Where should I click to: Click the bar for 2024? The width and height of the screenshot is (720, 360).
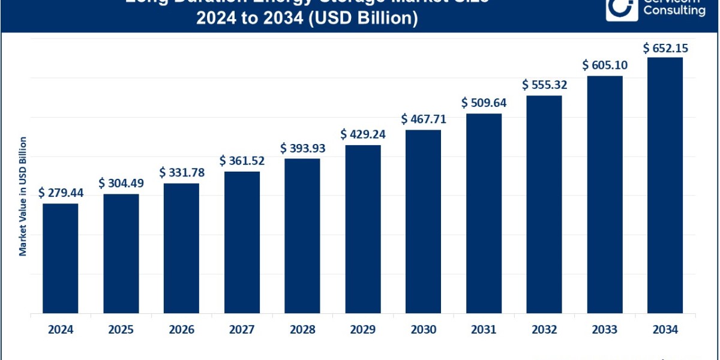(61, 258)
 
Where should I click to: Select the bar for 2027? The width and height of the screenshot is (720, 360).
(242, 242)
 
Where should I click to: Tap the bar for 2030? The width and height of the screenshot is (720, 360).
(423, 221)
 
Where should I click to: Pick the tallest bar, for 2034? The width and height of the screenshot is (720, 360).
(665, 185)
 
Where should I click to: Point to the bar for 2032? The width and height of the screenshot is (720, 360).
(544, 204)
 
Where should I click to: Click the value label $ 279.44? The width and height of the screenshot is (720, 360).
(61, 193)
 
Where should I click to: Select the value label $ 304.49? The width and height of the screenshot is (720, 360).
(121, 183)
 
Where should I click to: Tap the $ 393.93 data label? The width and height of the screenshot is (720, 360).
(302, 148)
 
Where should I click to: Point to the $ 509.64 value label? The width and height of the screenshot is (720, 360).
(484, 103)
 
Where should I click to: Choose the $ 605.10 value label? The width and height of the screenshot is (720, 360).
(605, 65)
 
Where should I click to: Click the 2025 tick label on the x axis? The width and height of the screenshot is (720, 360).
(121, 329)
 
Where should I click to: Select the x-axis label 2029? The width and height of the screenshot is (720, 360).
(362, 329)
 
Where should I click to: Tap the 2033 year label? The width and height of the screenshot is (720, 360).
(605, 329)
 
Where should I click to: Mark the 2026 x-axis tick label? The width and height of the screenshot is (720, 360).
(181, 329)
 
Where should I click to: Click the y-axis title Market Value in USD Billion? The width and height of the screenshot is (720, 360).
(23, 196)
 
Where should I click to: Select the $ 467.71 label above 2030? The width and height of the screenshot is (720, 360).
(423, 119)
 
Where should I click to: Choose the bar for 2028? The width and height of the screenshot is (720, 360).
(302, 235)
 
